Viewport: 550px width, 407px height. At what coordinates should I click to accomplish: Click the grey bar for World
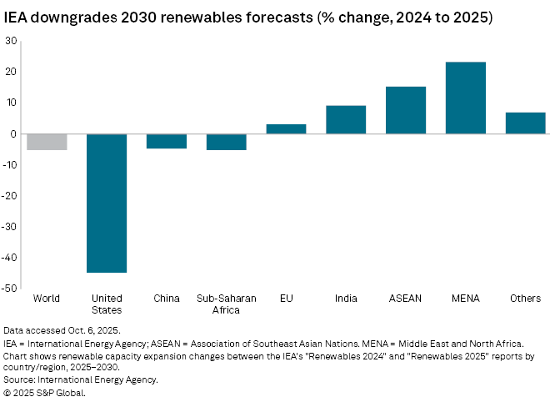coord(47,142)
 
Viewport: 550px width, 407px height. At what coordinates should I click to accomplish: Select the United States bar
coord(107,203)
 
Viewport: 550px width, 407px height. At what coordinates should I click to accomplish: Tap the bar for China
coord(167,141)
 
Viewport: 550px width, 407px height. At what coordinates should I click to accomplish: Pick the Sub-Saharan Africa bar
coord(226,142)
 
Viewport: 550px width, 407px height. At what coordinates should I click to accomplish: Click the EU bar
coord(286,129)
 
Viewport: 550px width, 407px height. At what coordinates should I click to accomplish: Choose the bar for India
coord(346,120)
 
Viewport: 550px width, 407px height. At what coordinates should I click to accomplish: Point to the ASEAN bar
coord(406,110)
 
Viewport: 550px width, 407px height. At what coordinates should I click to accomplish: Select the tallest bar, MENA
coord(466,98)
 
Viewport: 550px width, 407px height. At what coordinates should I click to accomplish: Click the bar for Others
coord(525,123)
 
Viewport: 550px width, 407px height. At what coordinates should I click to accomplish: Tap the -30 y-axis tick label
coord(10,227)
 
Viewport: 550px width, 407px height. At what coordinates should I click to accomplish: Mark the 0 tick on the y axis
coord(13,133)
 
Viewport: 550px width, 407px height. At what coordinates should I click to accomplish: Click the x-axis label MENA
coord(466,299)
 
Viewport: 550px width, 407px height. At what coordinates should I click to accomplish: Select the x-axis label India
coord(346,299)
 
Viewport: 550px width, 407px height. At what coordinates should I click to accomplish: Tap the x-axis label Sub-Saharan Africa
coord(226,304)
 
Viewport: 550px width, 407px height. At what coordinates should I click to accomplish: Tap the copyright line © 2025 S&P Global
coord(44,392)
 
